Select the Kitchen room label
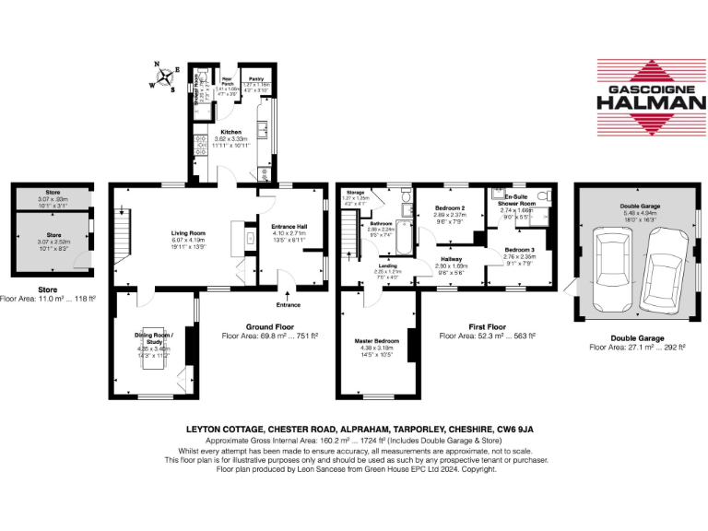(230, 133)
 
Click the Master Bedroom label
(377, 342)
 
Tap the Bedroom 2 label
(451, 209)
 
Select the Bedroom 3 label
(520, 250)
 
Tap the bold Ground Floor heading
(270, 326)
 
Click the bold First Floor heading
(488, 326)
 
